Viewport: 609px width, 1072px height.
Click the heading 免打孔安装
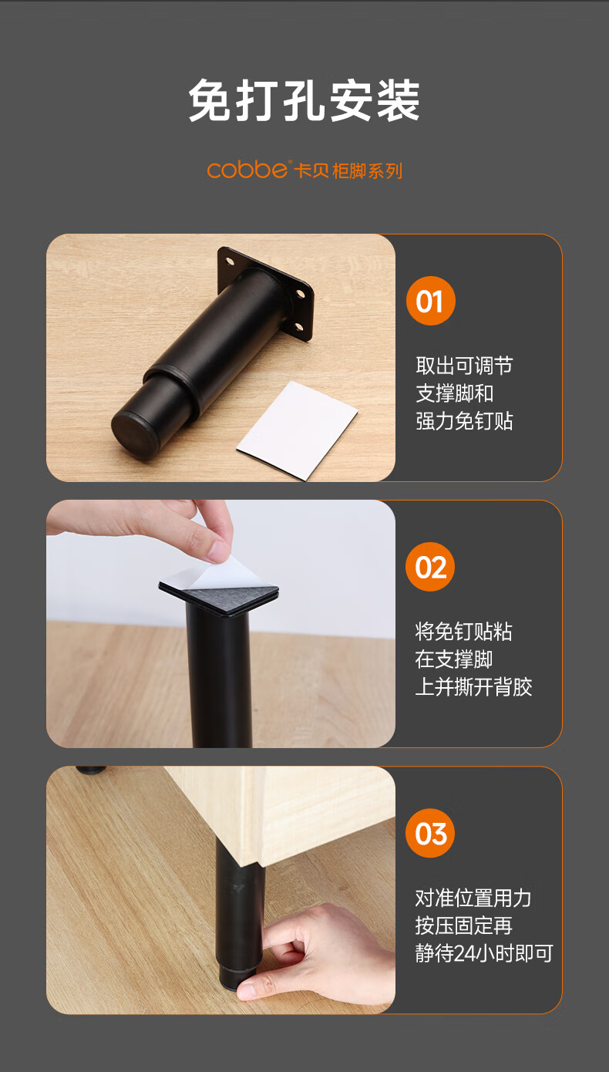tap(304, 100)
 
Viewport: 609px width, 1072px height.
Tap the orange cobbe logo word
tap(247, 170)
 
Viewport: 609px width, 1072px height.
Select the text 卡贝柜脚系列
tap(348, 171)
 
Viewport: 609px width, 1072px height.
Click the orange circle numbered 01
tap(431, 301)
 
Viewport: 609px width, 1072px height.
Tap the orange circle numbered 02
tap(430, 567)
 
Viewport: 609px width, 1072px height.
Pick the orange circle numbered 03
tap(430, 833)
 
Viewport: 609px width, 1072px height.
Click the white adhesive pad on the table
tap(297, 430)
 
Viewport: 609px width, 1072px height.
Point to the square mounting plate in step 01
tap(265, 293)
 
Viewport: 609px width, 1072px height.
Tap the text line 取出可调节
tap(464, 366)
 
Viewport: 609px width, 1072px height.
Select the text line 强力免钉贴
tap(464, 421)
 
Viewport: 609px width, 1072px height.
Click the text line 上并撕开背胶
tap(473, 686)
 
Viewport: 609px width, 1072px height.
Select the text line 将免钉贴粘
tap(463, 631)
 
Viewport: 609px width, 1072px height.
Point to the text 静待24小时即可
tap(484, 953)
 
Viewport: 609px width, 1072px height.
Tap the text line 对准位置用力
tap(473, 898)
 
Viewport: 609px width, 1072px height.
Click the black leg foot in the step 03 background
tap(90, 770)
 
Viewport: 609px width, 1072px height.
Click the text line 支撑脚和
tap(455, 393)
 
